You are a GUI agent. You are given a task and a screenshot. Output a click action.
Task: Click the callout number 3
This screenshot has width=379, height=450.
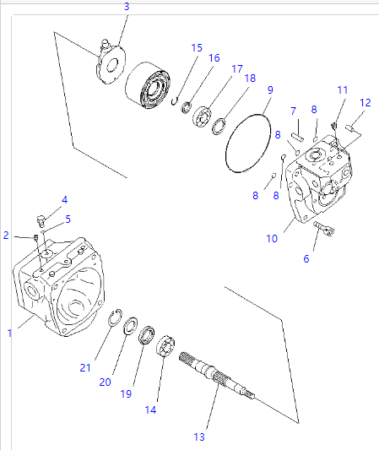pyautogui.click(x=127, y=7)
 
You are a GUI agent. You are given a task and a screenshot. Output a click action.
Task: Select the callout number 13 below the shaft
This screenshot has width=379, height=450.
pyautogui.click(x=199, y=436)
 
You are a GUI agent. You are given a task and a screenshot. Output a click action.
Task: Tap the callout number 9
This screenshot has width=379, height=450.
pyautogui.click(x=270, y=90)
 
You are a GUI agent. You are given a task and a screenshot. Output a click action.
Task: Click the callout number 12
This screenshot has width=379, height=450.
pyautogui.click(x=365, y=102)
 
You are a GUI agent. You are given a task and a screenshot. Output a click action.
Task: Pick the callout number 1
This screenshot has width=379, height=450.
pyautogui.click(x=10, y=333)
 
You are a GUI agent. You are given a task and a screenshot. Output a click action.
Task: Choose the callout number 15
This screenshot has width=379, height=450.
pyautogui.click(x=197, y=48)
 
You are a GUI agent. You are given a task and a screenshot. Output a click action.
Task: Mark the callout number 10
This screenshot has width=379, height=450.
pyautogui.click(x=272, y=239)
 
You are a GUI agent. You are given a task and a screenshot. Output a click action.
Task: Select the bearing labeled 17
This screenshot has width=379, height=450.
pyautogui.click(x=203, y=117)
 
